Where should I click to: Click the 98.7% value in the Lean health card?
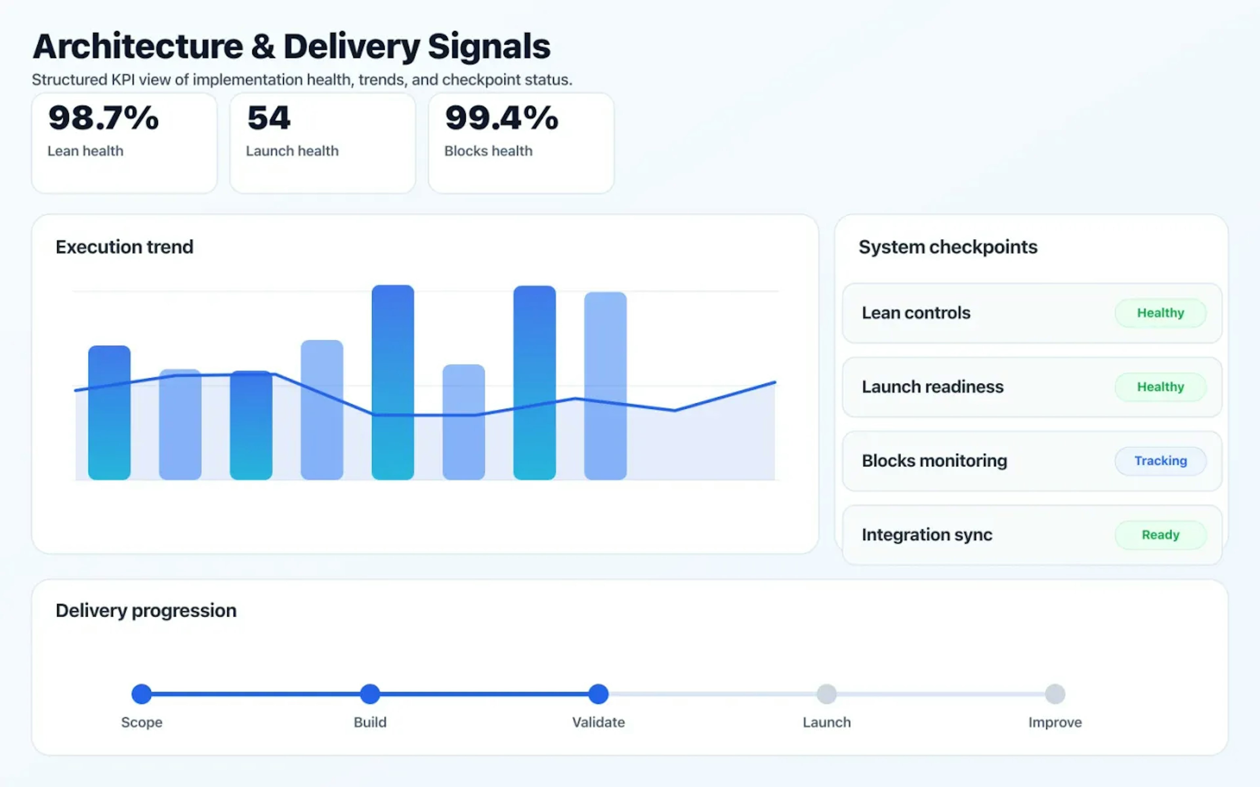(x=103, y=118)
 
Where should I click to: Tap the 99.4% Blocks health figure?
(x=501, y=118)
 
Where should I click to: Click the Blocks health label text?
(x=488, y=151)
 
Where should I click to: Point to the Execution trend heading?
(x=124, y=247)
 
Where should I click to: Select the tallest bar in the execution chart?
(x=392, y=383)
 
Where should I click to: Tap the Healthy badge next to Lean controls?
(x=1160, y=313)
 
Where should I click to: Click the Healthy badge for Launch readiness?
(x=1160, y=387)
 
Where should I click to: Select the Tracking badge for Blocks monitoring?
(x=1160, y=461)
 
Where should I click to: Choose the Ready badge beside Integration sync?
(x=1160, y=535)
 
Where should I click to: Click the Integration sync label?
(x=927, y=535)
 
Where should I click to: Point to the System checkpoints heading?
(x=948, y=247)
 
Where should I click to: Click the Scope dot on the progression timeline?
(x=142, y=694)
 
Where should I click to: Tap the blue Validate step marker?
(x=598, y=694)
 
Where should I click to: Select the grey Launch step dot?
(x=826, y=694)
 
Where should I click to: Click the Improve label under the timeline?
(x=1055, y=722)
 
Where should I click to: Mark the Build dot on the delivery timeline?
(x=370, y=694)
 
